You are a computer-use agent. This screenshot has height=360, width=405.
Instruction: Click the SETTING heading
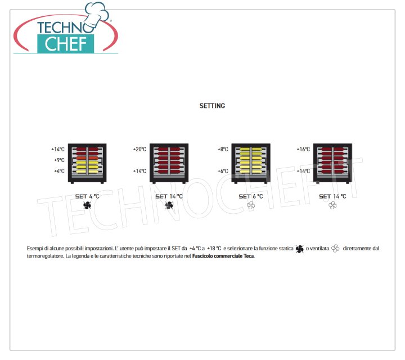(x=212, y=106)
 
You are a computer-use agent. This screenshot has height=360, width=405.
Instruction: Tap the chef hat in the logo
(x=97, y=15)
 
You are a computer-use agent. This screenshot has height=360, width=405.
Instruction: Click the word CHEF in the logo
(x=66, y=44)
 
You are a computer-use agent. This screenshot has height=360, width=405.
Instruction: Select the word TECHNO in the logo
(x=64, y=28)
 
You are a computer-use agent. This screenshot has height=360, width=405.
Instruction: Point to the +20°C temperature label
(x=139, y=149)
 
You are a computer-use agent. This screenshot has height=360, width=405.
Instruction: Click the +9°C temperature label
(x=59, y=160)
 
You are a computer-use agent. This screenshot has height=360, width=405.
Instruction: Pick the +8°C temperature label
(x=223, y=149)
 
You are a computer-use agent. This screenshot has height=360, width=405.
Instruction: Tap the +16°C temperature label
(x=303, y=149)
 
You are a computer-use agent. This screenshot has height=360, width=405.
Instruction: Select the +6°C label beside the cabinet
(x=223, y=171)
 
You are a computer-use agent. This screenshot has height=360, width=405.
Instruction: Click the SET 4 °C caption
(x=87, y=196)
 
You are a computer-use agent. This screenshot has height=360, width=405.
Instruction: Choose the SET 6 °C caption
(x=251, y=196)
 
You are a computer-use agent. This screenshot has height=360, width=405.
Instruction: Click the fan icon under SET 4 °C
(x=87, y=205)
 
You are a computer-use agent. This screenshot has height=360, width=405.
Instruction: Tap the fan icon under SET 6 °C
(x=250, y=205)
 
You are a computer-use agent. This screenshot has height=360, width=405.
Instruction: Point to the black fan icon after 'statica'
(x=299, y=249)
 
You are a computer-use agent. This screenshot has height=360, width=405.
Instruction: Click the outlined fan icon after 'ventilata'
(x=335, y=249)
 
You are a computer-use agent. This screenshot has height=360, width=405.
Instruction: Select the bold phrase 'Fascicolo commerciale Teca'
(x=223, y=256)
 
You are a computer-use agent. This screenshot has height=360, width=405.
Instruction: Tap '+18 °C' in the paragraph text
(x=214, y=249)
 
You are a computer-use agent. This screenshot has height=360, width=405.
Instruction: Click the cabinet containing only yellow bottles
(x=251, y=164)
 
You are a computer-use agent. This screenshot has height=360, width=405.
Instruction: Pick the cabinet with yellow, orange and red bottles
(x=87, y=164)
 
